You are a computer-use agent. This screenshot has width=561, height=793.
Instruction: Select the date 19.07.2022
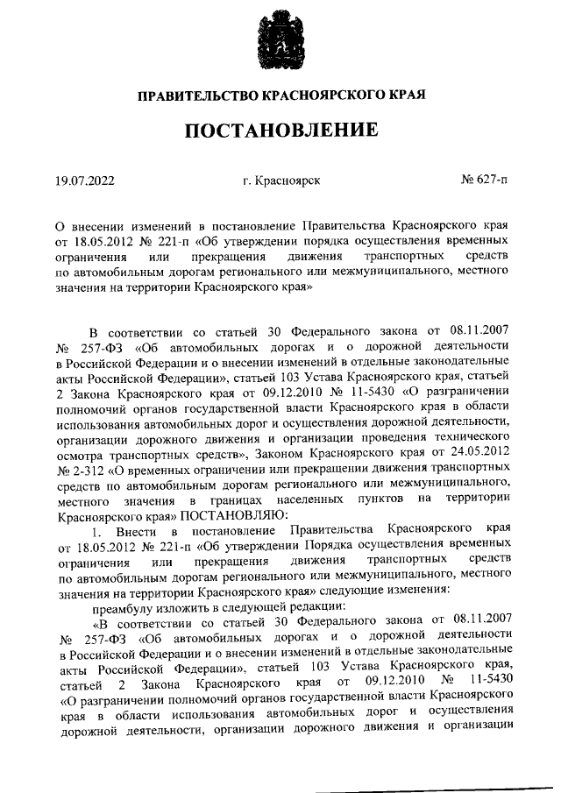pyautogui.click(x=84, y=181)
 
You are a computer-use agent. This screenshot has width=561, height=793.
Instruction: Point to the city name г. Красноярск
pyautogui.click(x=281, y=181)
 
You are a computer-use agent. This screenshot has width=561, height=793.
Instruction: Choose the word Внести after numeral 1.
pyautogui.click(x=136, y=533)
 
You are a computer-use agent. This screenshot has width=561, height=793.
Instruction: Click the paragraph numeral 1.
pyautogui.click(x=96, y=533)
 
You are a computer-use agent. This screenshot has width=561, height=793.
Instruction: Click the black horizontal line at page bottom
pyautogui.click(x=438, y=789)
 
